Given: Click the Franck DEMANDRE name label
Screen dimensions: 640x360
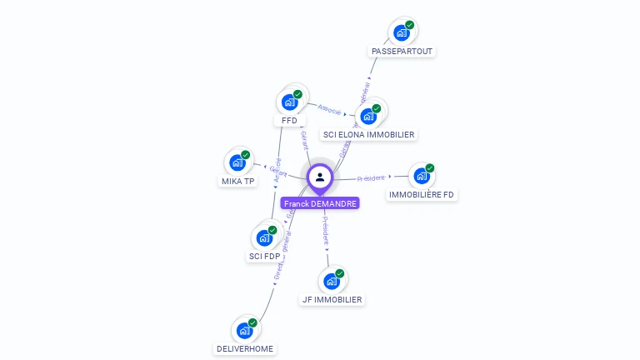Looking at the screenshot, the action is click(x=320, y=203).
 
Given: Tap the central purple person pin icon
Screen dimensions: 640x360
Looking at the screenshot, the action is click(x=320, y=177).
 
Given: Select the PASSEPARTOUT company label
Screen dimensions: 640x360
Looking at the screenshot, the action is click(x=403, y=51).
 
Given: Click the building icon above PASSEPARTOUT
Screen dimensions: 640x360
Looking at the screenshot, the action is click(x=402, y=33).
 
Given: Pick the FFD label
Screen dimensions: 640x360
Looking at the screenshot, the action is click(x=289, y=120).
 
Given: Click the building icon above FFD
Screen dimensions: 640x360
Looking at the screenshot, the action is click(x=289, y=102).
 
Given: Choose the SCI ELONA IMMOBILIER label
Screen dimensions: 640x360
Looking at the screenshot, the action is click(x=368, y=134).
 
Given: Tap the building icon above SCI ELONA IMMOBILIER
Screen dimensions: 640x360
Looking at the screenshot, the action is click(x=368, y=116).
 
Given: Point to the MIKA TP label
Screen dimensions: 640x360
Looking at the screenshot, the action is click(x=238, y=181).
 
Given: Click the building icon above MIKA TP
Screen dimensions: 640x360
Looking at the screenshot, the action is click(x=237, y=162).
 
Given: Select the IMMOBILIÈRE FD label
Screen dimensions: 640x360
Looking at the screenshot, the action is click(x=422, y=194).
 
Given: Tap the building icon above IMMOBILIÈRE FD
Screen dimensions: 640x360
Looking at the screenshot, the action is click(x=422, y=176).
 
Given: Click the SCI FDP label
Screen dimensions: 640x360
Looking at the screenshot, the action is click(x=264, y=256).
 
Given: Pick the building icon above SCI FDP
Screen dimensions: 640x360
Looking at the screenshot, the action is click(x=264, y=238).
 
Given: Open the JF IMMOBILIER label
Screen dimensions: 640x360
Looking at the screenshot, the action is click(x=332, y=299).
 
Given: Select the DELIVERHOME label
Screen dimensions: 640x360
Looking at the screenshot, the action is click(x=244, y=348).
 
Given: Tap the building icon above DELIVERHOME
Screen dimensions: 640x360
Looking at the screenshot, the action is click(x=244, y=331).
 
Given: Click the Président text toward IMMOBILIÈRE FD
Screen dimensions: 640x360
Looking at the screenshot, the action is click(x=371, y=178).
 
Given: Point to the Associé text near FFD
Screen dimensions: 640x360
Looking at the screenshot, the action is click(x=329, y=108).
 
